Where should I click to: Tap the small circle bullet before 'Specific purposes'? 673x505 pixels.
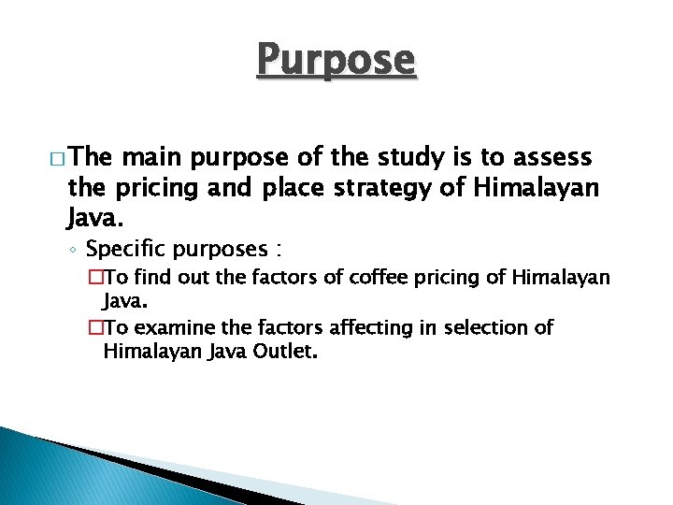click(74, 251)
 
